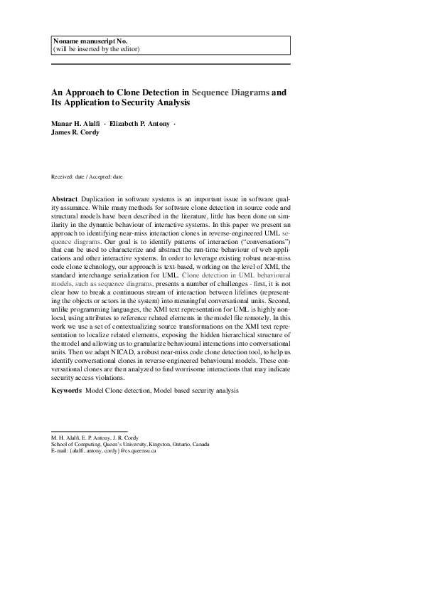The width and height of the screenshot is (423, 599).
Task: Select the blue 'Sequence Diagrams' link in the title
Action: (x=231, y=92)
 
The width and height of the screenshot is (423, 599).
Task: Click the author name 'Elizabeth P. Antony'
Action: (x=140, y=124)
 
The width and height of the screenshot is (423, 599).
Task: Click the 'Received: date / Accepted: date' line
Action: (x=87, y=176)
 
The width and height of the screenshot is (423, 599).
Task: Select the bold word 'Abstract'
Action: (x=64, y=197)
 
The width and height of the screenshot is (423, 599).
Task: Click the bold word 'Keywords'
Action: (x=66, y=391)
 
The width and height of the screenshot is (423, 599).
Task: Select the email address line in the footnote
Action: (x=104, y=451)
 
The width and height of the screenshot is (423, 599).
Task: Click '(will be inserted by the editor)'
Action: (x=96, y=49)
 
